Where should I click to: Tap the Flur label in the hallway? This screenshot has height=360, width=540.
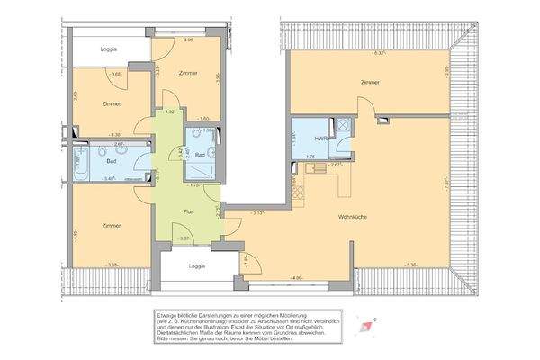tap(188, 211)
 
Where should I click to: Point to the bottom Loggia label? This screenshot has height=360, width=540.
tap(195, 265)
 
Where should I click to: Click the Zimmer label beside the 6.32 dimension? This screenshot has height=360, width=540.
tap(368, 82)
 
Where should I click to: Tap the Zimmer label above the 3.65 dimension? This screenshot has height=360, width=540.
tap(111, 226)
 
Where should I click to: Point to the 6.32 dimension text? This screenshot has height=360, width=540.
tap(380, 55)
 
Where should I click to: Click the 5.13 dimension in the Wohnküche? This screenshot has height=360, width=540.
tap(258, 213)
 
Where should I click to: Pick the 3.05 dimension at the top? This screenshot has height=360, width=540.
tap(187, 41)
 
